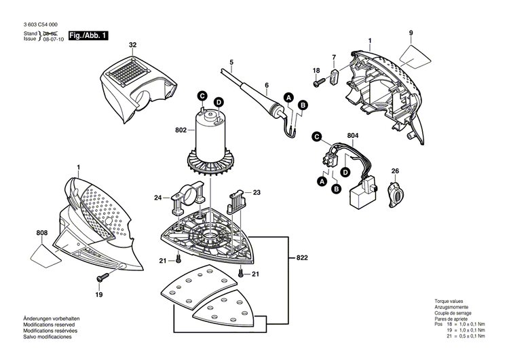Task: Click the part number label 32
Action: click(133, 45)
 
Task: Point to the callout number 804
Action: click(353, 136)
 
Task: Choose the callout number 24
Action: click(157, 198)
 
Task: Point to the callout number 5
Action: click(231, 62)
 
